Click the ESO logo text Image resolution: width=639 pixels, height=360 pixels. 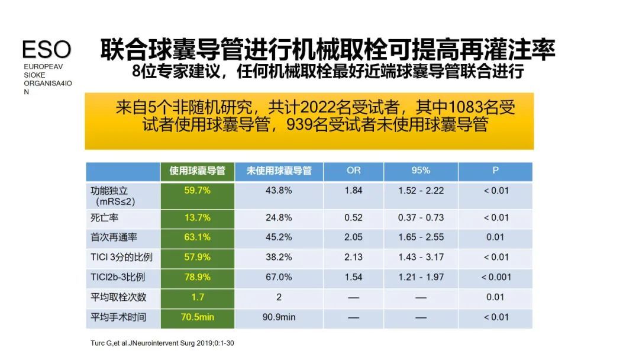pyautogui.click(x=46, y=50)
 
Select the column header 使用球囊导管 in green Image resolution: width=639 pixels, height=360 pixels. pyautogui.click(x=198, y=171)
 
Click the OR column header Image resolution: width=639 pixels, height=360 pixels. pyautogui.click(x=353, y=171)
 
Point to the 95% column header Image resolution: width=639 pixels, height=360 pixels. pyautogui.click(x=421, y=171)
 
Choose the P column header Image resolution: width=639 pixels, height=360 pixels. pyautogui.click(x=495, y=171)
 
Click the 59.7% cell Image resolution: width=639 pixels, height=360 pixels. pyautogui.click(x=198, y=191)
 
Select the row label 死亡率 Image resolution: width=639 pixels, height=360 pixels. pyautogui.click(x=101, y=217)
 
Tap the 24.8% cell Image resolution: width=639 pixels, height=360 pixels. pyautogui.click(x=279, y=217)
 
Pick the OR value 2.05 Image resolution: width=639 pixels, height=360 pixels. pyautogui.click(x=353, y=237)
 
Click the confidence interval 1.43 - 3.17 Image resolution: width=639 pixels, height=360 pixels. pyautogui.click(x=421, y=257)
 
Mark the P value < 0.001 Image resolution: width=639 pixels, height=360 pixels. pyautogui.click(x=496, y=277)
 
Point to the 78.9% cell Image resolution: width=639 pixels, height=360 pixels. pyautogui.click(x=198, y=277)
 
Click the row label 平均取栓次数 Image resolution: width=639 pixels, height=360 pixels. pyautogui.click(x=118, y=297)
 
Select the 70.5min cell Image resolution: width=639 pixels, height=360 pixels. pyautogui.click(x=198, y=317)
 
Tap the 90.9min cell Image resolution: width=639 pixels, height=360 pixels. pyautogui.click(x=279, y=317)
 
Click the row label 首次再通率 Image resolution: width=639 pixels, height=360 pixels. pyautogui.click(x=109, y=237)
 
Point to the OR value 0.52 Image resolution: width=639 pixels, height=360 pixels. pyautogui.click(x=353, y=217)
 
